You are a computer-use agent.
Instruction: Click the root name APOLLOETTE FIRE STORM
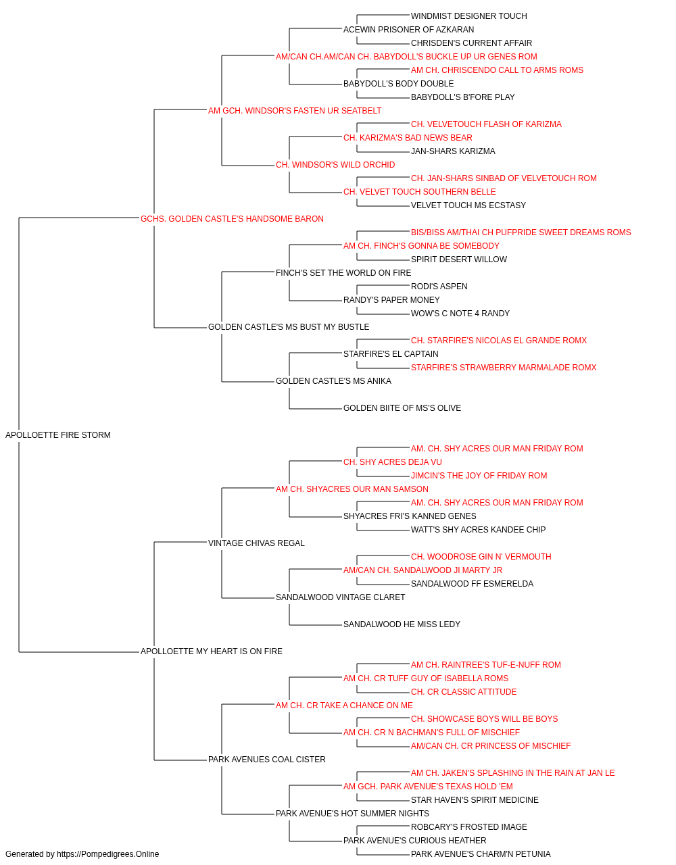pyautogui.click(x=58, y=435)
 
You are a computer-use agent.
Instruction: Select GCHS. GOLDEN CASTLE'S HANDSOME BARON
pyautogui.click(x=232, y=218)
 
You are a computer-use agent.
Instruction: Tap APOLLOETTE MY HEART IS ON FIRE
pyautogui.click(x=212, y=651)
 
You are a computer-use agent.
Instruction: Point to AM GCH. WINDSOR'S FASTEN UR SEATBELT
pyautogui.click(x=295, y=111)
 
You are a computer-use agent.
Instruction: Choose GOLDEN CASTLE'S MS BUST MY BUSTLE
pyautogui.click(x=289, y=327)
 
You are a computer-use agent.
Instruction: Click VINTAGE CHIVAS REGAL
pyautogui.click(x=256, y=543)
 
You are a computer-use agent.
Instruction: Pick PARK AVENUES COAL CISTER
pyautogui.click(x=267, y=759)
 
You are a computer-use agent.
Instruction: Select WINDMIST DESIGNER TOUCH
pyautogui.click(x=469, y=16)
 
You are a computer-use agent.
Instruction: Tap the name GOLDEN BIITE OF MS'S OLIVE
pyautogui.click(x=402, y=408)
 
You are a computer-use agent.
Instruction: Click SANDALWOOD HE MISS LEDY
pyautogui.click(x=402, y=624)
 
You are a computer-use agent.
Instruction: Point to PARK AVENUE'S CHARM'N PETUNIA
pyautogui.click(x=481, y=854)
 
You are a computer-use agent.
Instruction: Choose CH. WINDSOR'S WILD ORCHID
pyautogui.click(x=335, y=165)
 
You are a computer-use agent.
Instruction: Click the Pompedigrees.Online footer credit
pyautogui.click(x=82, y=854)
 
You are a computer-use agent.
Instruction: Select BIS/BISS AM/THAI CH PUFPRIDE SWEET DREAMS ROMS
pyautogui.click(x=521, y=232)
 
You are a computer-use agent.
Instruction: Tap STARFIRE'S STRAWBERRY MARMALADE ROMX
pyautogui.click(x=504, y=368)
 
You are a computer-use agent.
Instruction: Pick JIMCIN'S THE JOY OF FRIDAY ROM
pyautogui.click(x=479, y=475)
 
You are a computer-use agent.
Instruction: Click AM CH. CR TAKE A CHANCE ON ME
pyautogui.click(x=344, y=706)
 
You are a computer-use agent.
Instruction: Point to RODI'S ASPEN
pyautogui.click(x=439, y=287)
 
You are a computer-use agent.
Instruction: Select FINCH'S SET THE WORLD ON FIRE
pyautogui.click(x=343, y=272)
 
